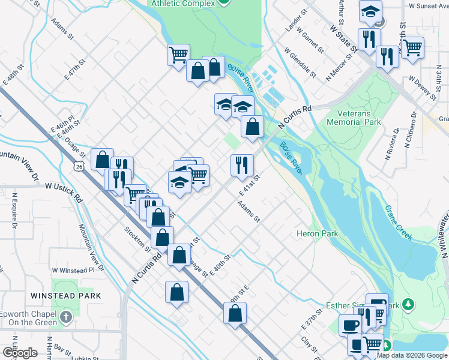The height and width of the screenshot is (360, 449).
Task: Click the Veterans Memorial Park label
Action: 354,117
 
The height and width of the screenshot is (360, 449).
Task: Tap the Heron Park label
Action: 318,233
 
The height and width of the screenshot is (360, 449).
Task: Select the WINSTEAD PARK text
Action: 67,296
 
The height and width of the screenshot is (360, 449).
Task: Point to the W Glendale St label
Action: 300,62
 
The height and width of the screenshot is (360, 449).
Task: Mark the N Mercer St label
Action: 337,69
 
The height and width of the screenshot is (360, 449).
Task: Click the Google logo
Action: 20,353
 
